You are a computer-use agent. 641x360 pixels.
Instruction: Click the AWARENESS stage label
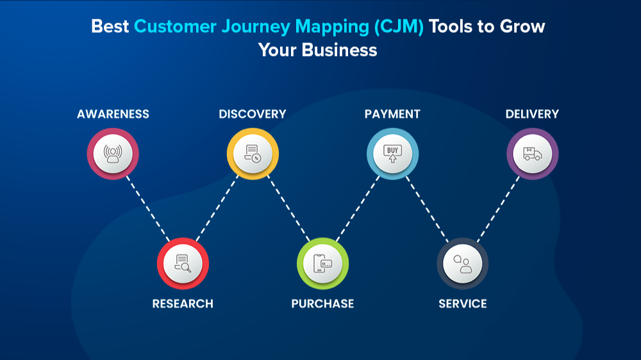(113, 114)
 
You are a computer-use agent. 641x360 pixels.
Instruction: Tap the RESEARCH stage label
(183, 303)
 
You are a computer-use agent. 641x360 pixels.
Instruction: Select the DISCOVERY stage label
(253, 114)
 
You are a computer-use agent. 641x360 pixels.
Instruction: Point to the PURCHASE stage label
(322, 303)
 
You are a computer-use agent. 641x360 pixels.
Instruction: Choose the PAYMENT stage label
(392, 114)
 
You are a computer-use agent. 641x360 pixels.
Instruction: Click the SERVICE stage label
(463, 303)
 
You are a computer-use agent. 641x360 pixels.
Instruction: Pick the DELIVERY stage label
(532, 114)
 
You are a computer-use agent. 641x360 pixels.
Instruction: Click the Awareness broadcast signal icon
(113, 154)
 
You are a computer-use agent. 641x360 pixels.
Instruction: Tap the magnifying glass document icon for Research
(183, 263)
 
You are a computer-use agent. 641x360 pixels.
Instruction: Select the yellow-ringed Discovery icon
(253, 154)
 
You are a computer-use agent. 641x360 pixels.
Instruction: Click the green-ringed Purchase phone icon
(322, 263)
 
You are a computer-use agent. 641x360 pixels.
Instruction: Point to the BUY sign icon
(392, 154)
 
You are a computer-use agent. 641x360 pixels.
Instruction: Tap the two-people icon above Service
(463, 263)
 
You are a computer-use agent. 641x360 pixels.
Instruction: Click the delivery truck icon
(532, 154)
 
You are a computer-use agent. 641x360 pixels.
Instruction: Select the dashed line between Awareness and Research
(148, 209)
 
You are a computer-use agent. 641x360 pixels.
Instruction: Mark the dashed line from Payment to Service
(428, 209)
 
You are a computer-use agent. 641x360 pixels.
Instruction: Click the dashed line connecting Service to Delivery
(497, 209)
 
